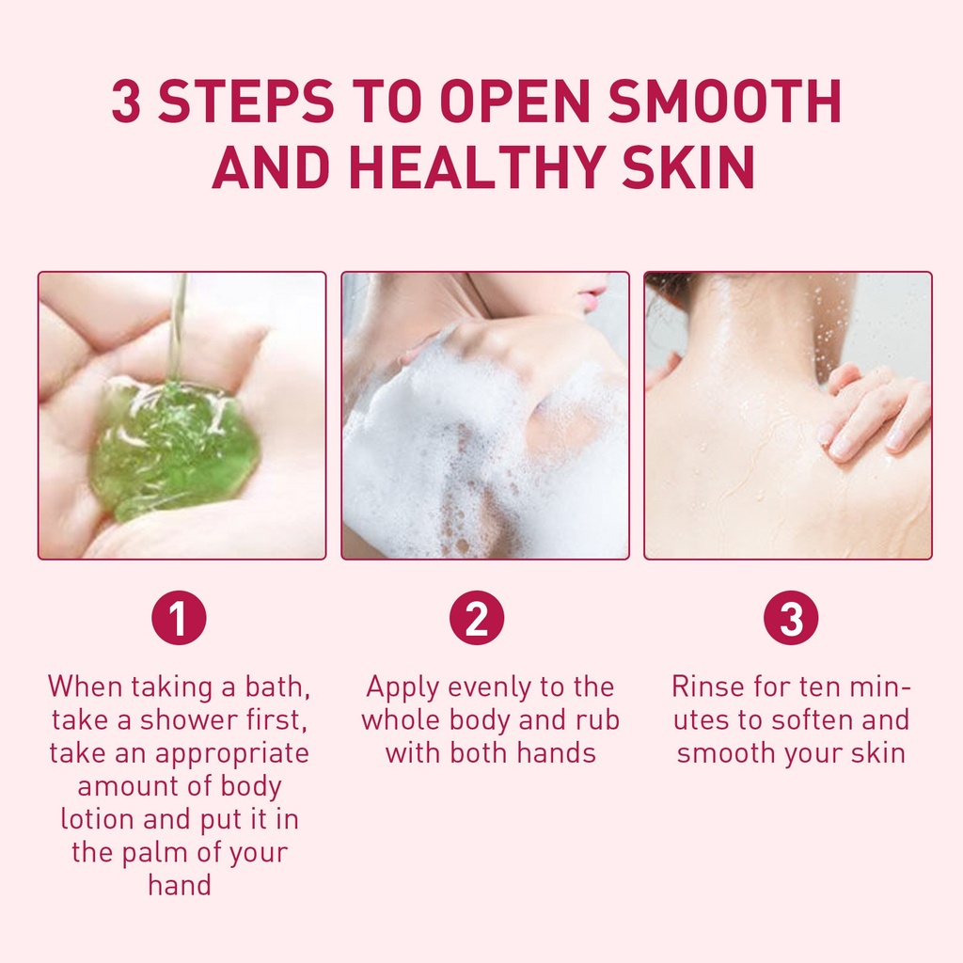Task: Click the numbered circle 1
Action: coord(179,618)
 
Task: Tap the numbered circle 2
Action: coord(477,618)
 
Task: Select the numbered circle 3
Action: coord(791,618)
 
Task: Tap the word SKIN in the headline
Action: coord(687,166)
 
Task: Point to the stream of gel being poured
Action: coord(178,325)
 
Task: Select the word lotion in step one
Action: coord(97,819)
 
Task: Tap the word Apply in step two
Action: coord(402,687)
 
